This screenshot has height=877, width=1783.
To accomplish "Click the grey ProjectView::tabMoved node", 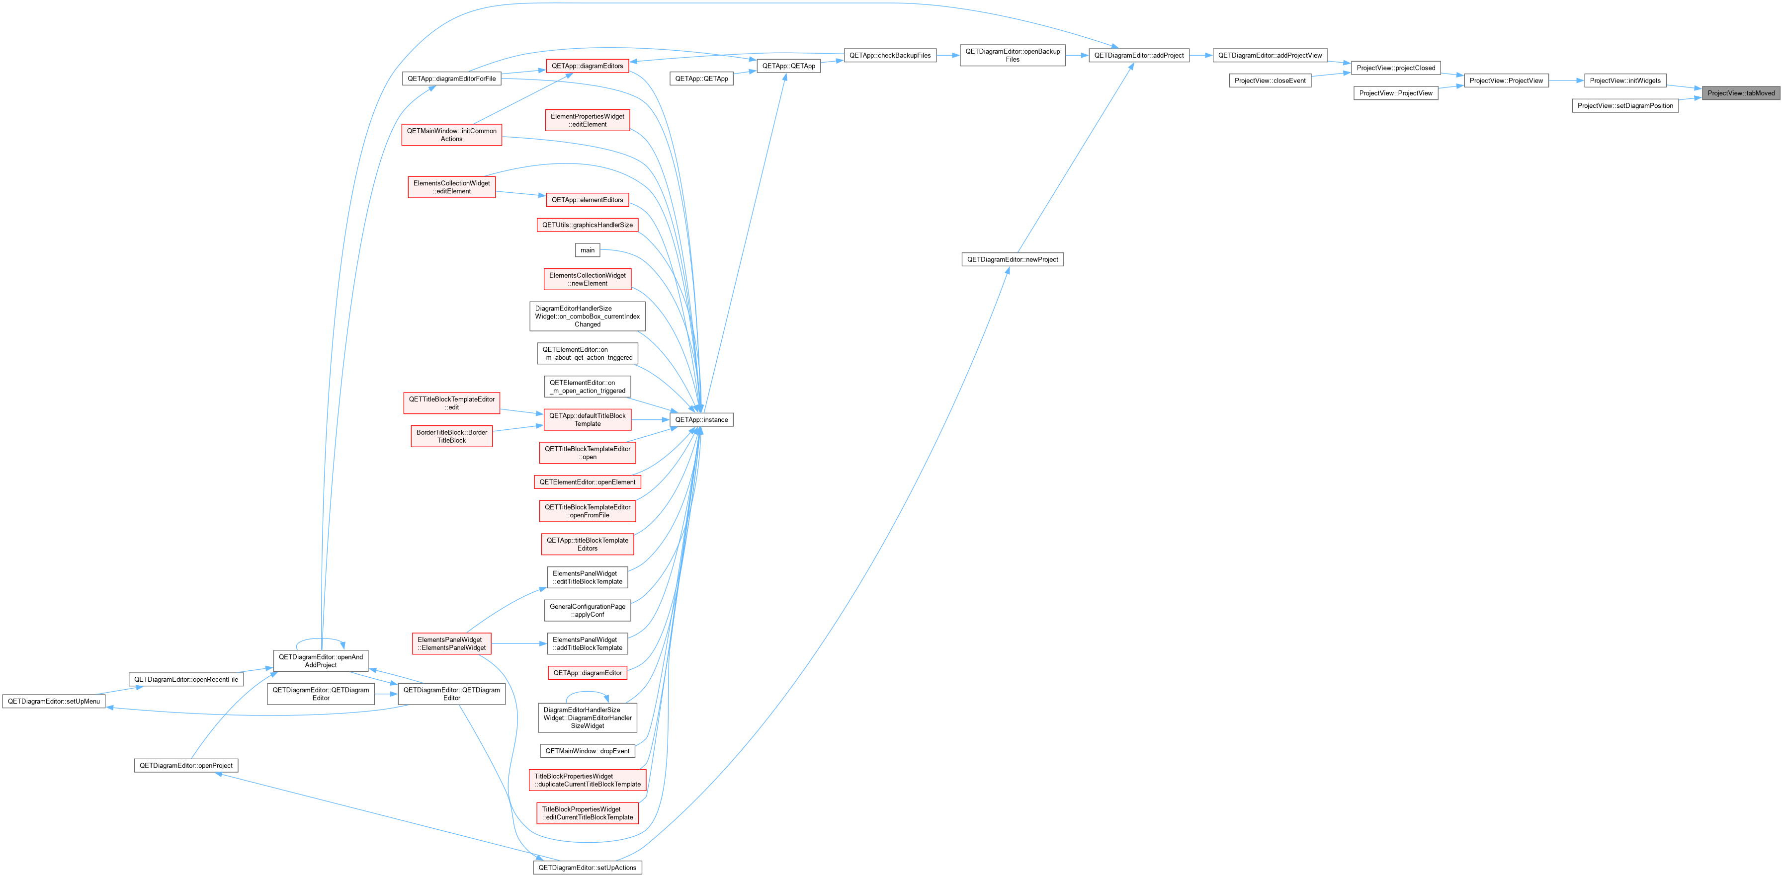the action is pos(1741,93).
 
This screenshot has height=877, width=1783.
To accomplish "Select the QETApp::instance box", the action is pos(701,420).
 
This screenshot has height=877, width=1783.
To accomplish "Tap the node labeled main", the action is pos(587,250).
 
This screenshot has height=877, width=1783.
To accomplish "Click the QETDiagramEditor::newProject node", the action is pos(1012,259).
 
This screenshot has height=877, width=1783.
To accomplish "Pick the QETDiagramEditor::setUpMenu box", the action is pos(54,701).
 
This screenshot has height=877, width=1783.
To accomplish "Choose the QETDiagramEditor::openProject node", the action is pos(186,766).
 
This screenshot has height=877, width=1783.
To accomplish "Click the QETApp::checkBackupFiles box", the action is pos(890,55).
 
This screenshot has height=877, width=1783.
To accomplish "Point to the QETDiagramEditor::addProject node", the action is pos(1139,55).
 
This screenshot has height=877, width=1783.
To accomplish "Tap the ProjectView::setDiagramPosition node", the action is pos(1625,106).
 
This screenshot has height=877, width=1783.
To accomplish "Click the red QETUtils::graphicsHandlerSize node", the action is pos(587,225).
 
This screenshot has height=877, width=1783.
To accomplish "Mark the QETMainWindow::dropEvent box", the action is pos(587,751).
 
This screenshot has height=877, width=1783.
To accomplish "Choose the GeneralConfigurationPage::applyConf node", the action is pos(587,611).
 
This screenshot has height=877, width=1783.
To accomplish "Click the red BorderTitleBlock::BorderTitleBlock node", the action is pos(451,436).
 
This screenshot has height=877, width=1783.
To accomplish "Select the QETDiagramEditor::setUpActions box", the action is pos(587,868).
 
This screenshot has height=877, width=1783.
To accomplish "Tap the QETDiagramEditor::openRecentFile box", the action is pos(186,679).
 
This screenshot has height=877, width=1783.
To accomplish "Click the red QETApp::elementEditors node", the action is pos(587,200).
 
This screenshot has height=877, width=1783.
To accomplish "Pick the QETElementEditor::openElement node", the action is pos(587,482).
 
